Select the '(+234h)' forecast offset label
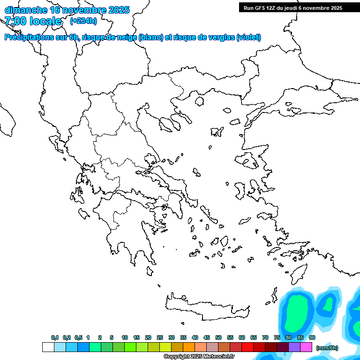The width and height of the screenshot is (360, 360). [83, 21]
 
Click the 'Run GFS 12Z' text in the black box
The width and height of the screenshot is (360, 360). [258, 8]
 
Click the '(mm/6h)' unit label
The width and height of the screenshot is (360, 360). [327, 348]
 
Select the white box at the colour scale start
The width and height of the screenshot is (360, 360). [48, 347]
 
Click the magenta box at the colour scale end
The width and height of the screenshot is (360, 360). [306, 347]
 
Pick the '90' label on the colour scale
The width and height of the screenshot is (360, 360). [312, 337]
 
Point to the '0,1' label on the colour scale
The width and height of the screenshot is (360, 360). [55, 337]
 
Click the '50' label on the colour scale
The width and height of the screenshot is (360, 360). [218, 337]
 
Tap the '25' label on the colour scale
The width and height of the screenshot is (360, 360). [160, 337]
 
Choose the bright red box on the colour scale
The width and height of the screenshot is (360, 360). [247, 347]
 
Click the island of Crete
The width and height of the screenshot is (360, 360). [206, 307]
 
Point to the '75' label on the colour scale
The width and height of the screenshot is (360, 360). [277, 337]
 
